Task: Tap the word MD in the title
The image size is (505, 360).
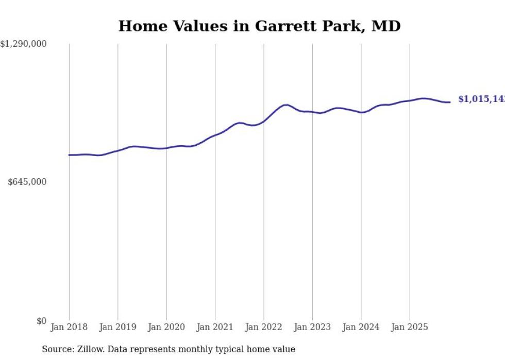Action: (385, 26)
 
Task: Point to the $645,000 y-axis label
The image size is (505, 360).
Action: (27, 182)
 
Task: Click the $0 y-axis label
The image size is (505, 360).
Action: (41, 321)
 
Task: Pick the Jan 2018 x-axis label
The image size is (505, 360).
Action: (69, 327)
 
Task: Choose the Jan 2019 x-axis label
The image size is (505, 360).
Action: (117, 327)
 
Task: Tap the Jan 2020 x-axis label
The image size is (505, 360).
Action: (166, 327)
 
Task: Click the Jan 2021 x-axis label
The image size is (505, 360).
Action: (215, 327)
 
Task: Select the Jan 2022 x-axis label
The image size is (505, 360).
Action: (264, 327)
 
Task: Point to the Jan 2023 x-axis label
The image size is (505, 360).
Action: (312, 327)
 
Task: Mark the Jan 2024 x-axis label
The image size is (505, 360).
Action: (361, 327)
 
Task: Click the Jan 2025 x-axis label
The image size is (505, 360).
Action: (410, 327)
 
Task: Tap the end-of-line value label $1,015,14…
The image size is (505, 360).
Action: (481, 99)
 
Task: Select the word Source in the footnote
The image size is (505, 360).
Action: (56, 350)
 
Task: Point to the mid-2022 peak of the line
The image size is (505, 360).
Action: (286, 105)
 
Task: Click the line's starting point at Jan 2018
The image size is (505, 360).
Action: (69, 155)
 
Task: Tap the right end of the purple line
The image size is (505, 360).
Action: (450, 102)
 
